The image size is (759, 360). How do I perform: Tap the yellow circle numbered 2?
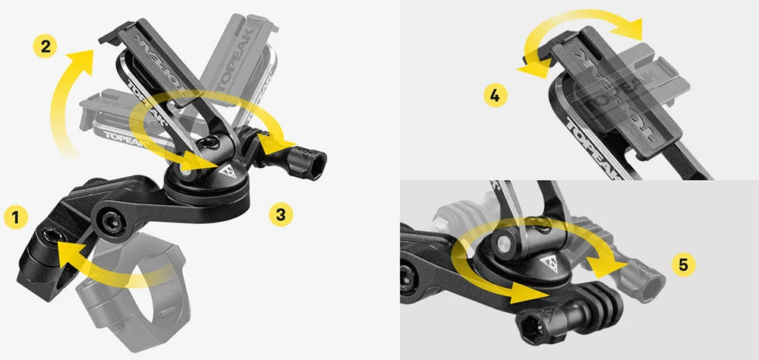pos(46,46)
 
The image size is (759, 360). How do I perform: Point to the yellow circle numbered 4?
pos(495,96)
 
